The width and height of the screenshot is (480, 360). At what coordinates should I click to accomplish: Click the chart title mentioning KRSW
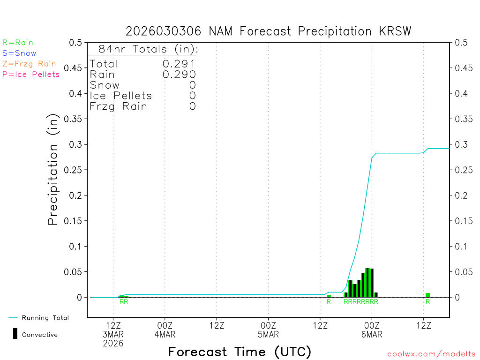[x=268, y=31]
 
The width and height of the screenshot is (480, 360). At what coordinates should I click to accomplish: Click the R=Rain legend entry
[x=18, y=43]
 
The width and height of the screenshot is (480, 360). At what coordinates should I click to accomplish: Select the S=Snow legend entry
[x=19, y=53]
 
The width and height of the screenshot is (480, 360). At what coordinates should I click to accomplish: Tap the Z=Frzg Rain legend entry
[x=29, y=64]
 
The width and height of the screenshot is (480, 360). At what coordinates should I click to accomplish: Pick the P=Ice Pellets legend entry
[x=31, y=74]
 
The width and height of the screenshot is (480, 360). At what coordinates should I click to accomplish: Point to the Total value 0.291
[x=179, y=64]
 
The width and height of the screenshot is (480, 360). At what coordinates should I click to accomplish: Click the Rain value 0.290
[x=179, y=74]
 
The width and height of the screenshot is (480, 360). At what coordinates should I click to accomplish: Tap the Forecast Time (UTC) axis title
[x=240, y=352]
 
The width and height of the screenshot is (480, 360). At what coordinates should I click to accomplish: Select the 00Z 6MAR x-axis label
[x=372, y=330]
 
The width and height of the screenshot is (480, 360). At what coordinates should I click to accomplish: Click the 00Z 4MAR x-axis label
[x=165, y=330]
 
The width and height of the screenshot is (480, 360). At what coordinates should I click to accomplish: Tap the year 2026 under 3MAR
[x=113, y=343]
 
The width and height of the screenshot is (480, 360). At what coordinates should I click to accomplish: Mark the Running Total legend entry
[x=45, y=318]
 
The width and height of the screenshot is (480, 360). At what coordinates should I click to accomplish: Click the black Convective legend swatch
[x=15, y=334]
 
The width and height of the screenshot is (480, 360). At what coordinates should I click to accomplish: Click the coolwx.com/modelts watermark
[x=431, y=354]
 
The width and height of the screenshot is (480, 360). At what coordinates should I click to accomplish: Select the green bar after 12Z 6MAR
[x=427, y=295]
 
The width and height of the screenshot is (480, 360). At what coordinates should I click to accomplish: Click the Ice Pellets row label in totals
[x=121, y=96]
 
